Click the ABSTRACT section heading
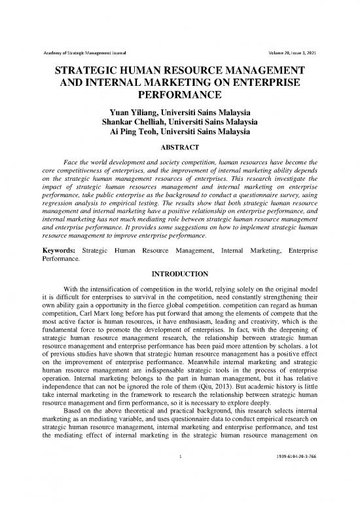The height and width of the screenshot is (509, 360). pyautogui.click(x=180, y=147)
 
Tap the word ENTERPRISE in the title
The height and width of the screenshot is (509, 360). pyautogui.click(x=259, y=83)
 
